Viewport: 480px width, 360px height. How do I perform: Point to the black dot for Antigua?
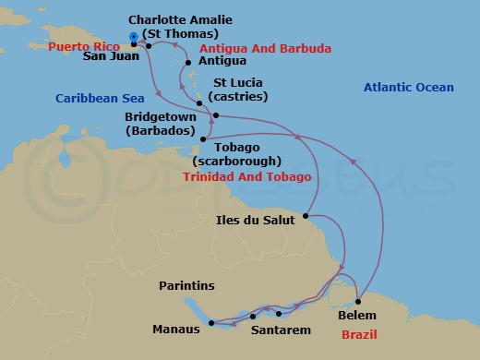point(188,63)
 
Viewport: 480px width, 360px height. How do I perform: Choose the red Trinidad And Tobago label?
point(246,175)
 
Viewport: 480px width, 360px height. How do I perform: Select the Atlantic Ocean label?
point(409,88)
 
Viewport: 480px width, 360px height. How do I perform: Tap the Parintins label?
point(186,286)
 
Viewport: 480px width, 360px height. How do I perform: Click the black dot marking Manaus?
point(211,323)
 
